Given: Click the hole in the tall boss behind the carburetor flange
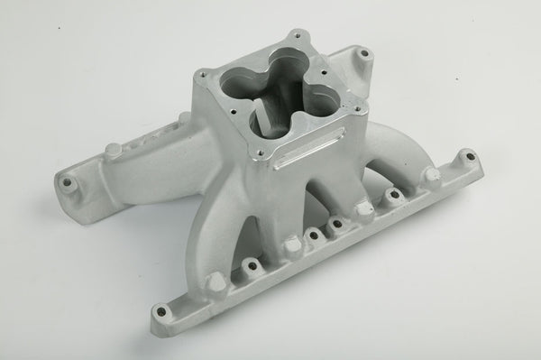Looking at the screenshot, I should pyautogui.click(x=363, y=55).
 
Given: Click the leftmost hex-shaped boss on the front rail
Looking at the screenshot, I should pyautogui.click(x=216, y=284).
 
